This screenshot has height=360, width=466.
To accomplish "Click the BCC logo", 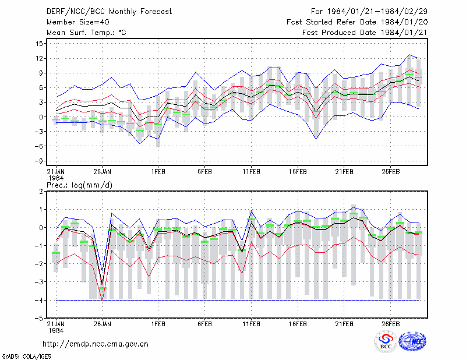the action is click(x=386, y=341).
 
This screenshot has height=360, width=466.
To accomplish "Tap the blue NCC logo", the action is click(x=412, y=341).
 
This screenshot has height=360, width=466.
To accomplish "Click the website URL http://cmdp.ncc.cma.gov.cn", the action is click(x=96, y=344).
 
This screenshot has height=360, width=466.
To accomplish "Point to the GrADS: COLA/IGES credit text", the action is click(x=26, y=357).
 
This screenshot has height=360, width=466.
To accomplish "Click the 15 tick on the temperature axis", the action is click(x=39, y=44).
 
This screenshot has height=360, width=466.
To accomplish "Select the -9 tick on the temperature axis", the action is click(x=38, y=161).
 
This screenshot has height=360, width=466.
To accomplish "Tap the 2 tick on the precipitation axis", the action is click(x=41, y=192).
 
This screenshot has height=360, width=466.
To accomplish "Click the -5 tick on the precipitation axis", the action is click(x=38, y=319).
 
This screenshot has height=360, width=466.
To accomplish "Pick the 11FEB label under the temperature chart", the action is click(x=252, y=172).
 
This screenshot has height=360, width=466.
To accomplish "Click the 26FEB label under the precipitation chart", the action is click(x=390, y=324).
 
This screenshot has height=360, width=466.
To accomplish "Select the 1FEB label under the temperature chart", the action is click(x=158, y=172).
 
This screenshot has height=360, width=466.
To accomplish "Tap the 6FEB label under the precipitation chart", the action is click(x=205, y=324).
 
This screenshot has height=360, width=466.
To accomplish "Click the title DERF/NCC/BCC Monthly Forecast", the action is click(x=109, y=12).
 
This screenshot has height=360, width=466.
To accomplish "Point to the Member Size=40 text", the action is click(x=78, y=22).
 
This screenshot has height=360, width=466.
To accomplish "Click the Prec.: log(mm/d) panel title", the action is click(x=79, y=185).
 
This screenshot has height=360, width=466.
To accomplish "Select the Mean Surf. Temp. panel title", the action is click(x=86, y=33).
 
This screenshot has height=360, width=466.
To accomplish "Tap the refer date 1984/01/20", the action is click(x=404, y=22).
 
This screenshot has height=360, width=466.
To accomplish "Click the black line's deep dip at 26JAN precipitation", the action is click(x=103, y=284).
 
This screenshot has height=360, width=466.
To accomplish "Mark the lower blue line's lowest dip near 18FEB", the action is click(x=316, y=139).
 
